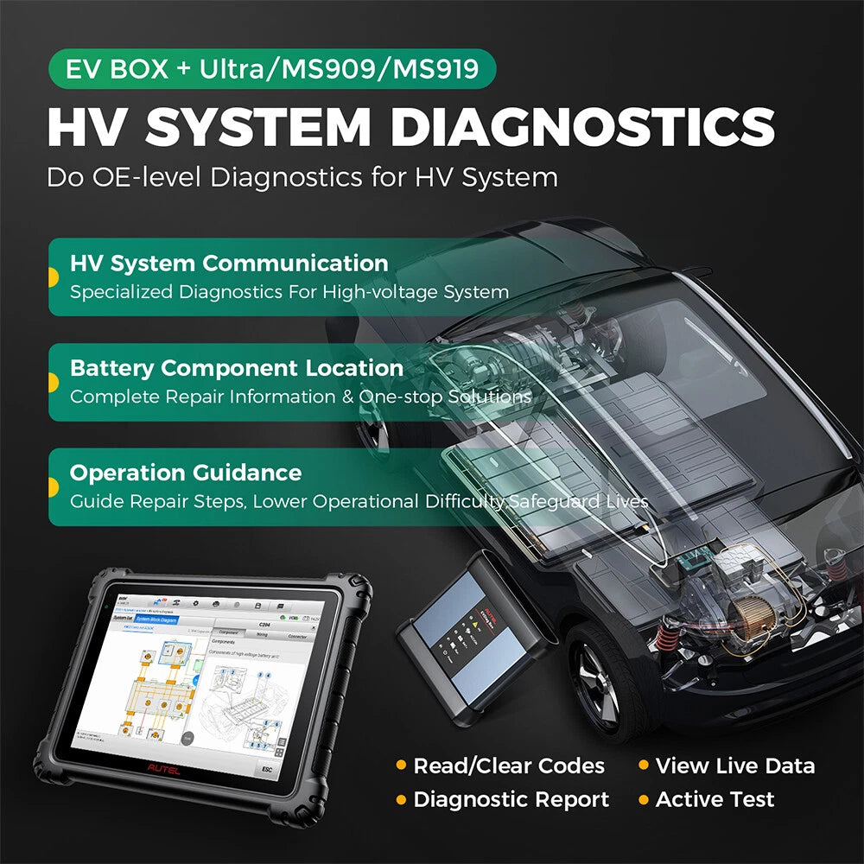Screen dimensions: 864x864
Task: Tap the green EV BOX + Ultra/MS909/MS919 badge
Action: (273, 68)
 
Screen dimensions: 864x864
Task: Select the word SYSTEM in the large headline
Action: (260, 126)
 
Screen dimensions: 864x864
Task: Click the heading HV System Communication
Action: (229, 264)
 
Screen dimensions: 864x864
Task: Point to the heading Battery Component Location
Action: (237, 368)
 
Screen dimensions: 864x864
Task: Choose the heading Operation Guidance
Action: (186, 473)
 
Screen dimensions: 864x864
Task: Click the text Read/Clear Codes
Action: (509, 766)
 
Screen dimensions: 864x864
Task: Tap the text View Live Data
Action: (734, 766)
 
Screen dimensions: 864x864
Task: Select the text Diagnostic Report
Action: (511, 799)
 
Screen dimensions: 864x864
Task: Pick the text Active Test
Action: (715, 799)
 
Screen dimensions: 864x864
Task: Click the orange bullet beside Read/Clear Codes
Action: (401, 766)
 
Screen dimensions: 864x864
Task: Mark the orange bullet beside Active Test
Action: (644, 800)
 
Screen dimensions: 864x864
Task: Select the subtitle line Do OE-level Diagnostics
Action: (302, 178)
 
